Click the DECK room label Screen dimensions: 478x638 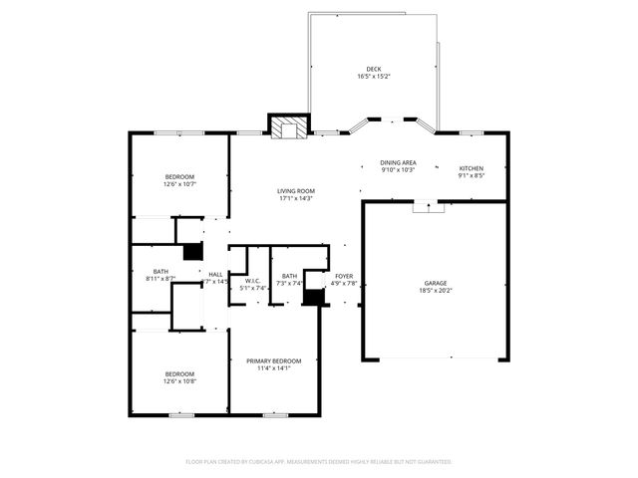373,69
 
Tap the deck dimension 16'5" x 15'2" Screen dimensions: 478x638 373,77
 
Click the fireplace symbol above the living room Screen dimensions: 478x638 289,126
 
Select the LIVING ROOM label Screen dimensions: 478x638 296,190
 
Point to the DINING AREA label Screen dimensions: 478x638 398,162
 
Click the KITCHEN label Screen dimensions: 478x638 472,168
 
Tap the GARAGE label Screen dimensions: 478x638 437,284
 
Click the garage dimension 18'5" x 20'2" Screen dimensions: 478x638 437,292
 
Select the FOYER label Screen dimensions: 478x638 344,276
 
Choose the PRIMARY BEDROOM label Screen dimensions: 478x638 274,360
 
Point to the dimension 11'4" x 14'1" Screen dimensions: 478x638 274,368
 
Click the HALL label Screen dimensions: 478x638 215,274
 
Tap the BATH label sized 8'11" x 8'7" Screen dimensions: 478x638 160,272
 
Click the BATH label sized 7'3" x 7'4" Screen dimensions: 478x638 289,276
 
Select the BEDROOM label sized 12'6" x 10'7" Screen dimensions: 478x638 179,176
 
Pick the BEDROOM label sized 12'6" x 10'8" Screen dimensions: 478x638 179,373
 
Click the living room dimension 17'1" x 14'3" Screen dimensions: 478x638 296,198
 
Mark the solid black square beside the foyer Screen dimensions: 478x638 314,297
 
